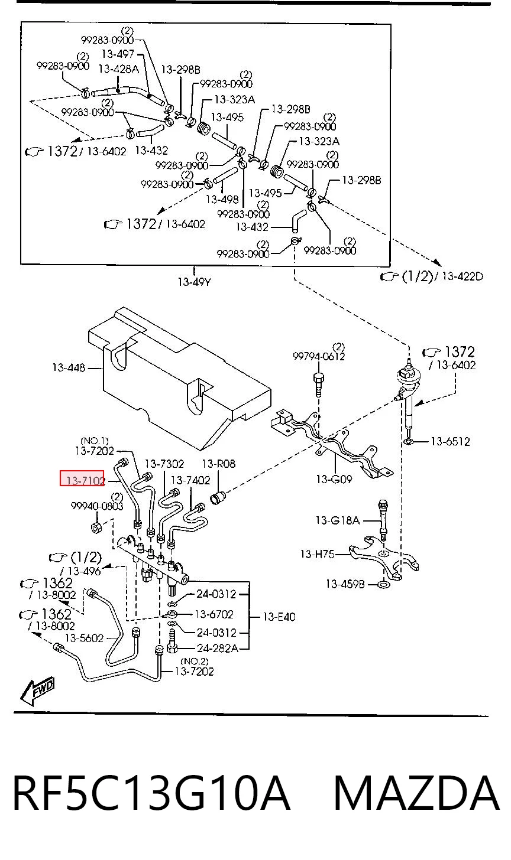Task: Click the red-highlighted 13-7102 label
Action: click(x=82, y=480)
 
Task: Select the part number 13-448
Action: click(x=69, y=368)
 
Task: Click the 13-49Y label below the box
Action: click(x=194, y=282)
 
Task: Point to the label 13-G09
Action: click(x=334, y=479)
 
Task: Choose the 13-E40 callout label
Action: click(x=279, y=617)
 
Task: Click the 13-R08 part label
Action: click(x=218, y=464)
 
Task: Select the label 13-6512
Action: click(x=450, y=442)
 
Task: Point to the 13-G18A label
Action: click(x=338, y=520)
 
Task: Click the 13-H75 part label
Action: click(x=317, y=554)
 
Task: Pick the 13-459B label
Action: click(x=345, y=584)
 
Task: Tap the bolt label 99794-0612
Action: click(x=319, y=356)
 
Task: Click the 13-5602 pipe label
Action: click(x=84, y=638)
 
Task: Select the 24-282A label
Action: click(x=218, y=649)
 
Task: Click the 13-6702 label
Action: click(x=214, y=614)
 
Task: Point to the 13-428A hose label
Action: click(x=118, y=69)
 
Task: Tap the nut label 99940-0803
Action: click(x=97, y=506)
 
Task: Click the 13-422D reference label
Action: click(x=462, y=276)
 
